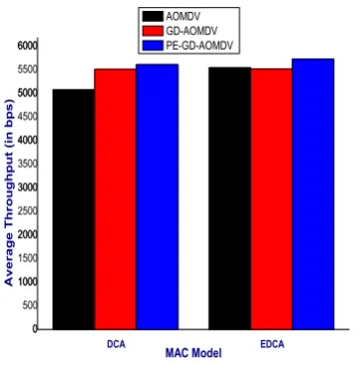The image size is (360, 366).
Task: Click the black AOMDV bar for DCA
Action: click(73, 209)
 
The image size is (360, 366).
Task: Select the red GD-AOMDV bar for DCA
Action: click(115, 199)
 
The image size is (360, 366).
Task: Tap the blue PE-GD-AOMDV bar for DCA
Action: click(158, 197)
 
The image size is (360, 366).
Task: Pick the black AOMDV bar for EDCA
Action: click(230, 198)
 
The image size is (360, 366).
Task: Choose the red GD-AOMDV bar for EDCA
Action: click(272, 199)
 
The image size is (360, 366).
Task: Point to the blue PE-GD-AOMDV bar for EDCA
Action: click(313, 194)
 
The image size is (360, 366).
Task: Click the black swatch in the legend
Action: click(153, 16)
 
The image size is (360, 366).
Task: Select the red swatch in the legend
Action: click(153, 31)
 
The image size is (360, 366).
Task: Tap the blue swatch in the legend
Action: click(153, 46)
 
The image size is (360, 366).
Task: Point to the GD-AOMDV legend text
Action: click(192, 31)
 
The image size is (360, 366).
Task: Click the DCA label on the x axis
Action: click(116, 344)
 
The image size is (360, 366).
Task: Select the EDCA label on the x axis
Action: click(273, 344)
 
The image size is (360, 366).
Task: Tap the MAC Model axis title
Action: click(193, 353)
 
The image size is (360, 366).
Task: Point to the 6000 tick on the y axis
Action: click(25, 47)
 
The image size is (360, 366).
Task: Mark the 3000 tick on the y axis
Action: click(25, 187)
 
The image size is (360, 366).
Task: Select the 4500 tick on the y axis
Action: click(25, 117)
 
